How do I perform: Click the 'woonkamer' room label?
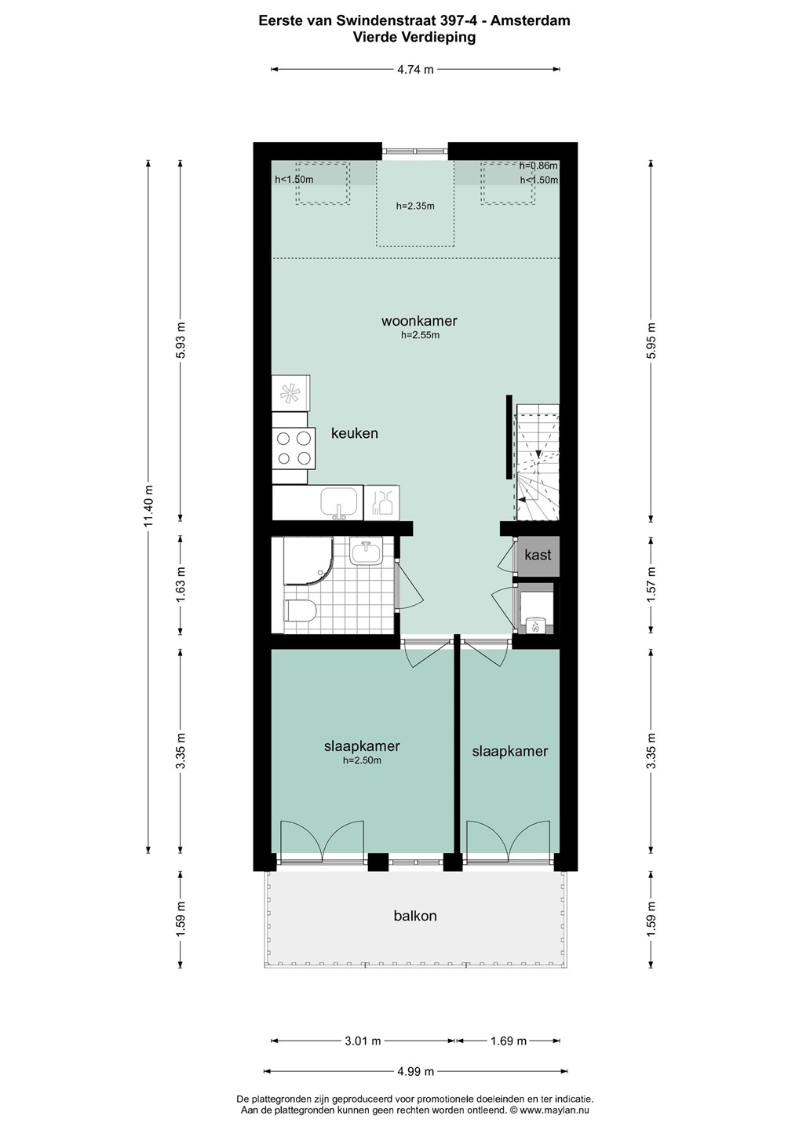[x=419, y=321]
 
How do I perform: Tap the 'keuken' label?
[x=355, y=433]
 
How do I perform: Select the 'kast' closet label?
[x=538, y=556]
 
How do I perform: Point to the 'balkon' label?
[x=415, y=916]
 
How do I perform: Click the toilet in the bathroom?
[x=300, y=611]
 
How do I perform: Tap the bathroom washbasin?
[x=367, y=553]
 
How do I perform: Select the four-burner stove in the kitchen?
[x=294, y=449]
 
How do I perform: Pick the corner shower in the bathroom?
[x=308, y=561]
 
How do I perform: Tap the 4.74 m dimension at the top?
[x=415, y=70]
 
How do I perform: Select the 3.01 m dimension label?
[x=363, y=1041]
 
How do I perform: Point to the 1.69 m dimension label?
[x=509, y=1041]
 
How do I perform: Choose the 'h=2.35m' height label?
[x=415, y=206]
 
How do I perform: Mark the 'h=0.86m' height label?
[x=538, y=166]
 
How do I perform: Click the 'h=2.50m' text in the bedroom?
[x=362, y=760]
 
